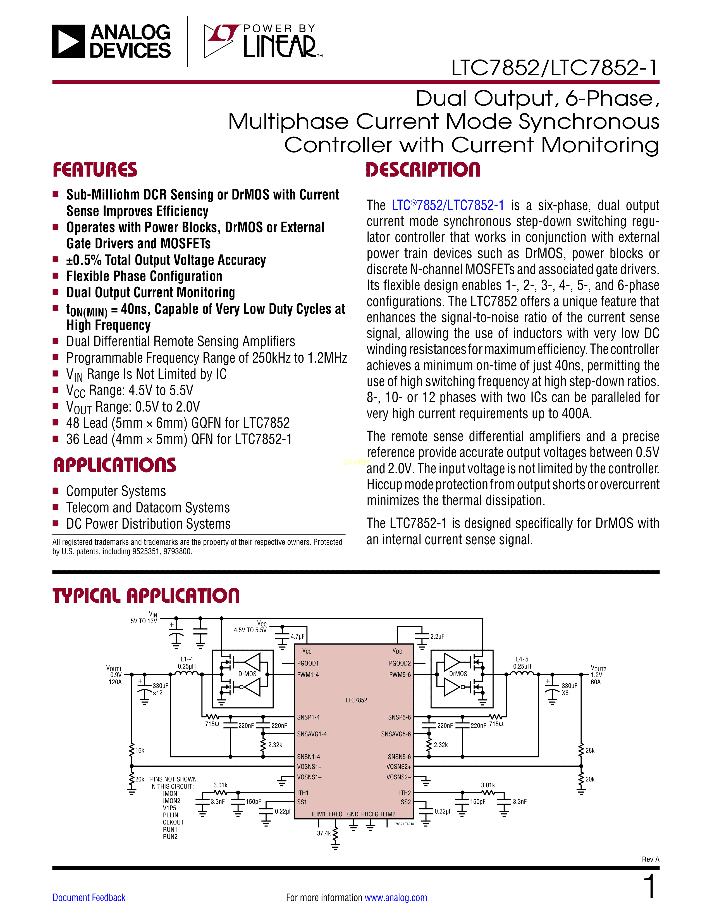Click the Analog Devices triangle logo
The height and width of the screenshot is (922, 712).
tap(68, 41)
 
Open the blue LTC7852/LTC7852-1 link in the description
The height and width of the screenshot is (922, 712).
tap(448, 206)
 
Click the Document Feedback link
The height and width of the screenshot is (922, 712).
tap(89, 897)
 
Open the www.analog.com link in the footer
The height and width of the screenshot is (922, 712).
tap(396, 897)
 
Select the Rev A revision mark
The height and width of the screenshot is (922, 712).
tap(650, 859)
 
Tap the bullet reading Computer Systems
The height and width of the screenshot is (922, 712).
tap(116, 491)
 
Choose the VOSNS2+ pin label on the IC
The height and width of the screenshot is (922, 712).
tap(399, 767)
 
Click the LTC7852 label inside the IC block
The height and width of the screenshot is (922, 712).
tap(357, 700)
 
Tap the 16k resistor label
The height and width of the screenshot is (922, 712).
tap(140, 750)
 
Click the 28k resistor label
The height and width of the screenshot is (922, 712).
tap(590, 750)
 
